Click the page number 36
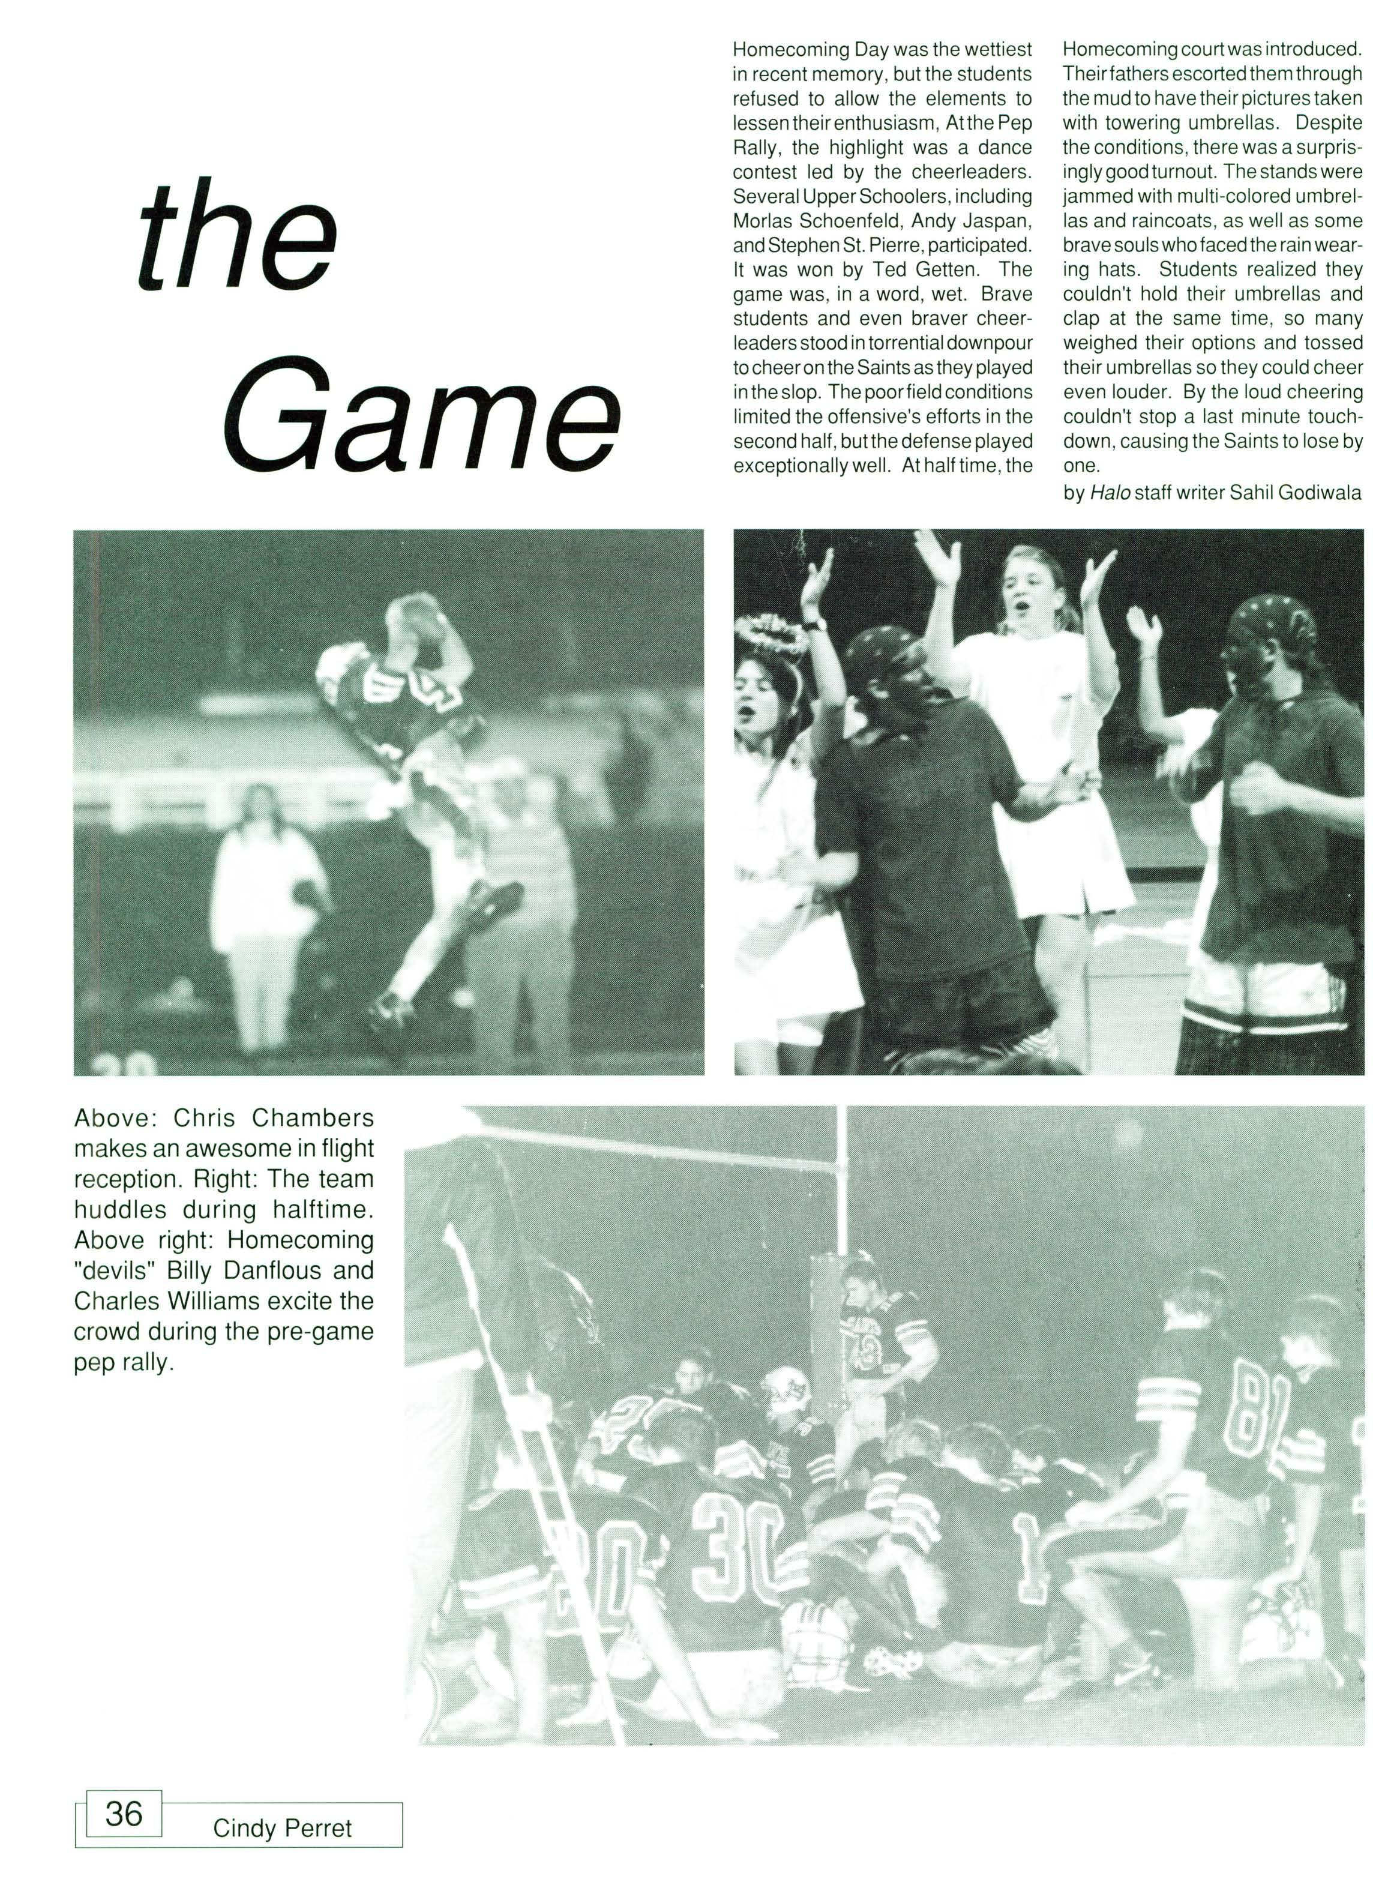[x=124, y=1814]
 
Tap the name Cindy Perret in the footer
[x=282, y=1828]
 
